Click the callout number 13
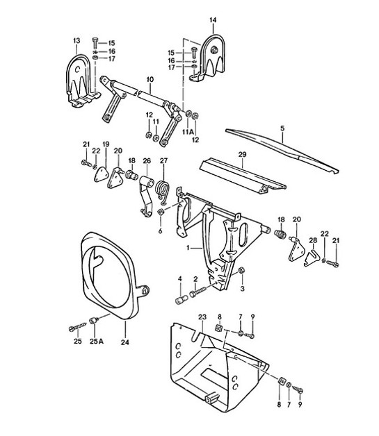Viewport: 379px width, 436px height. click(x=76, y=41)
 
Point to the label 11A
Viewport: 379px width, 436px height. click(x=186, y=131)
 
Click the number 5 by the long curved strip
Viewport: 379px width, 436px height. click(x=282, y=128)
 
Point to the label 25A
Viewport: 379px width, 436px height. click(x=97, y=342)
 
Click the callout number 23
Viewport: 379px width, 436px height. click(x=203, y=317)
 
